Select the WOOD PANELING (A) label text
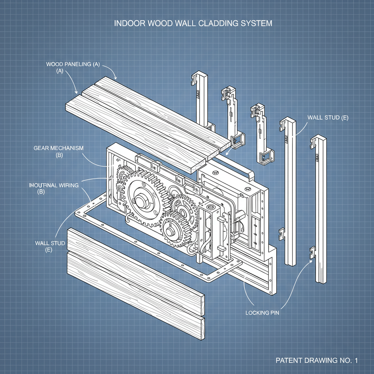pos(73,64)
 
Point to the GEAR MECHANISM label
pos(58,148)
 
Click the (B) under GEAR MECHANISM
pos(59,155)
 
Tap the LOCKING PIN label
pos(262,313)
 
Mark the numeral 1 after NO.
pos(356,360)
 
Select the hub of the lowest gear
pos(170,231)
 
